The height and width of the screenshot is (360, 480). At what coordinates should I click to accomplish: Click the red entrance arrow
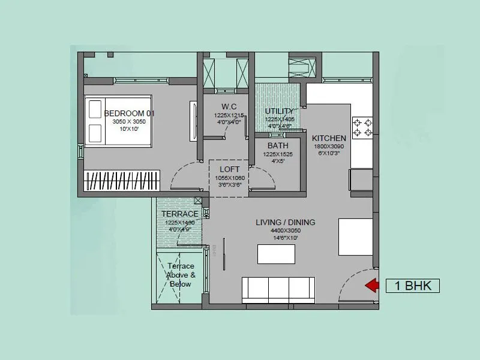[x=373, y=286]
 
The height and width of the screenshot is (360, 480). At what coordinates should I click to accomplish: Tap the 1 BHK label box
[x=413, y=286]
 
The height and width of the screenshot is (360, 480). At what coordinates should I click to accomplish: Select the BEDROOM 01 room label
[x=130, y=113]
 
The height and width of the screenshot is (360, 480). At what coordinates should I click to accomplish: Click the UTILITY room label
[x=280, y=111]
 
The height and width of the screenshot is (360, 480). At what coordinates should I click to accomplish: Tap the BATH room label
[x=277, y=146]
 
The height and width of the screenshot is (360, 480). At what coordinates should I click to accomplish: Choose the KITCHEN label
[x=329, y=139]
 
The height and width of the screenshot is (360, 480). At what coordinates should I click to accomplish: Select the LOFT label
[x=229, y=170]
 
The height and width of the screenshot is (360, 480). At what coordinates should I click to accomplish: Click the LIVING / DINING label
[x=285, y=223]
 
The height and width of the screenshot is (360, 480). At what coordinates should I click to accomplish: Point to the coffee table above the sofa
[x=276, y=254]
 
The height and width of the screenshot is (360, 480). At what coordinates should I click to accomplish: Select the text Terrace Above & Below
[x=180, y=275]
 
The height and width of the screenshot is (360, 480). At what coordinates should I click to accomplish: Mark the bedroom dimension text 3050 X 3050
[x=129, y=122]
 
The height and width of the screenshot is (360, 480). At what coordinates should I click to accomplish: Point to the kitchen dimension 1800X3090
[x=329, y=146]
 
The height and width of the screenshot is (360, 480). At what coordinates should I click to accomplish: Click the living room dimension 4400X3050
[x=285, y=230]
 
